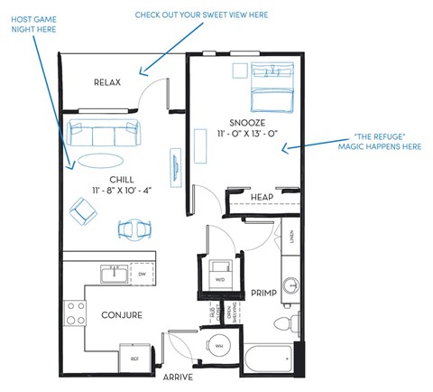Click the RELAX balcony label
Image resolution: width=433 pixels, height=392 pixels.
107,83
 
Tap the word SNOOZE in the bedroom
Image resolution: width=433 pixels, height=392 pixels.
246,122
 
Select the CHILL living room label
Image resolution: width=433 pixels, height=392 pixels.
108,179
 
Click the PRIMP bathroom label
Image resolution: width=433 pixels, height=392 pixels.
263,292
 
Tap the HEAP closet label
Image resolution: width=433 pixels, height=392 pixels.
262,197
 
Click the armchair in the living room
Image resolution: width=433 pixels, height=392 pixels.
85,212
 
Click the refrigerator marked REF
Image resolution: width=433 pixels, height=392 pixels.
135,358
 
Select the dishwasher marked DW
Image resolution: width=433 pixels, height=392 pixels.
141,275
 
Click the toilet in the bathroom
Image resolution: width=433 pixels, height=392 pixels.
286,322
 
